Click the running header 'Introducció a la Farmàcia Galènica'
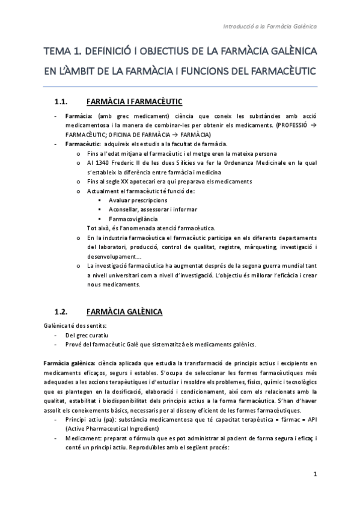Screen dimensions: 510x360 (x=270, y=26)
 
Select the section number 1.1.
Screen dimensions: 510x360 (x=63, y=100)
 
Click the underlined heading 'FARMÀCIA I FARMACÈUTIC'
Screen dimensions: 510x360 (x=135, y=100)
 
